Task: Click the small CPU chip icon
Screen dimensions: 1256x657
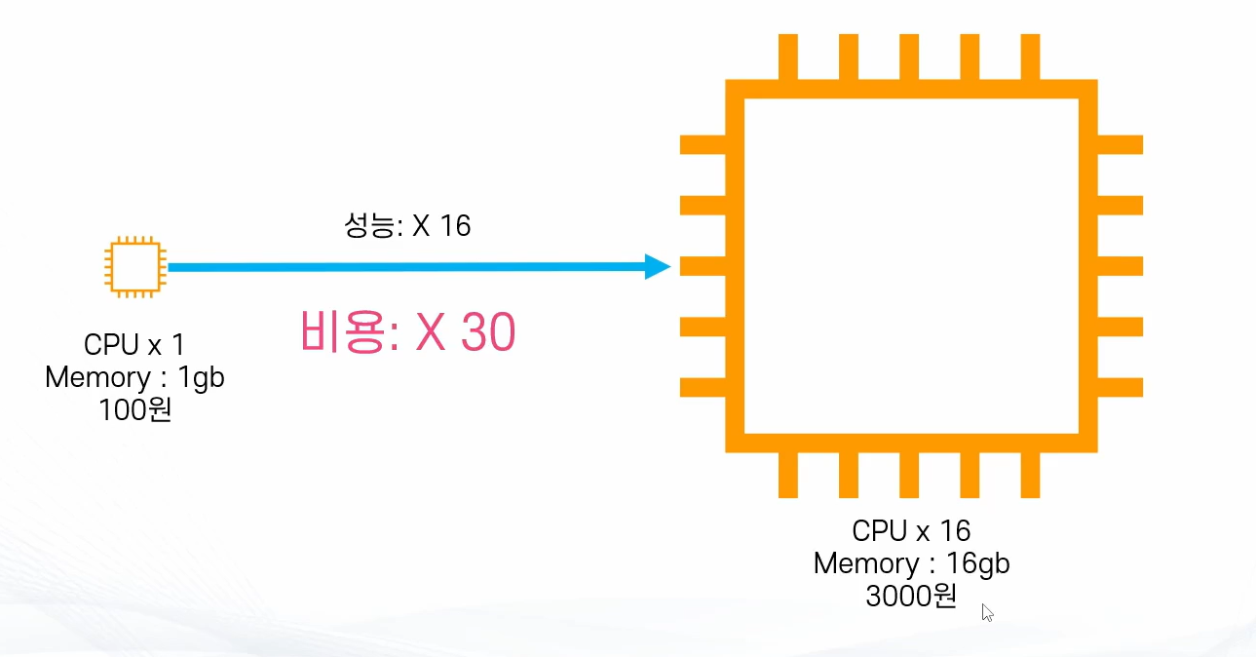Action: tap(135, 267)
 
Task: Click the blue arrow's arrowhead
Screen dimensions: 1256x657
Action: tap(658, 266)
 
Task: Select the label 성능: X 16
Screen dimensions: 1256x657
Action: tap(407, 225)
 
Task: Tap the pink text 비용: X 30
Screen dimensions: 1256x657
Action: tap(407, 331)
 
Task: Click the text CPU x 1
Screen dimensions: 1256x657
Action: tap(134, 344)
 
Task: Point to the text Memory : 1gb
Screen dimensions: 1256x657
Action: tap(134, 377)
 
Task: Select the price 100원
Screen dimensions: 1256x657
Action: tap(134, 409)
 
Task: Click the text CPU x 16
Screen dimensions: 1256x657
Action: tap(911, 530)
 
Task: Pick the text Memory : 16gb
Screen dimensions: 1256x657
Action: tap(911, 562)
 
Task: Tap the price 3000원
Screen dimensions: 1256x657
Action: tap(911, 596)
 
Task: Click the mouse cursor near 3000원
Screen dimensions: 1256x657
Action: tap(987, 612)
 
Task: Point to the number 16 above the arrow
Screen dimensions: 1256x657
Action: tap(455, 225)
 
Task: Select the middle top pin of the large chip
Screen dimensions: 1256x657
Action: tap(909, 57)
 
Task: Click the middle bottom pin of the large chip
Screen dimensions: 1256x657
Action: tap(909, 475)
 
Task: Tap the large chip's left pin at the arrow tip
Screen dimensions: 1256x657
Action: tap(703, 266)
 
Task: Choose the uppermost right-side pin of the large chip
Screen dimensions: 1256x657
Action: tap(1120, 144)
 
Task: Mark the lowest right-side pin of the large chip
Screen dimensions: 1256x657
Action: tap(1120, 387)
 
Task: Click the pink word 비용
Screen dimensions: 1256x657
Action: tap(345, 331)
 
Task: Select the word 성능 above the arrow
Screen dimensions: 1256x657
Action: tap(369, 225)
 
